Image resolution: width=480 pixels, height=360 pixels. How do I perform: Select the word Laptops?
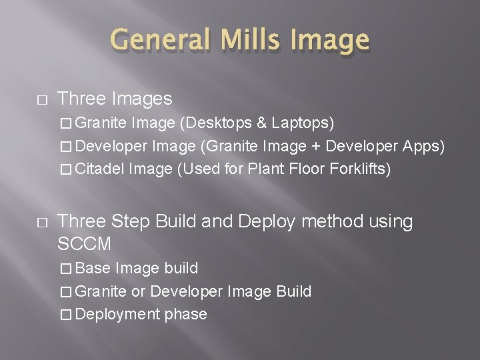pyautogui.click(x=301, y=123)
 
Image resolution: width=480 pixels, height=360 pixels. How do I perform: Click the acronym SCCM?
pyautogui.click(x=84, y=244)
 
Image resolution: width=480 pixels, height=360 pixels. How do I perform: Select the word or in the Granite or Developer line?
pyautogui.click(x=138, y=291)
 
